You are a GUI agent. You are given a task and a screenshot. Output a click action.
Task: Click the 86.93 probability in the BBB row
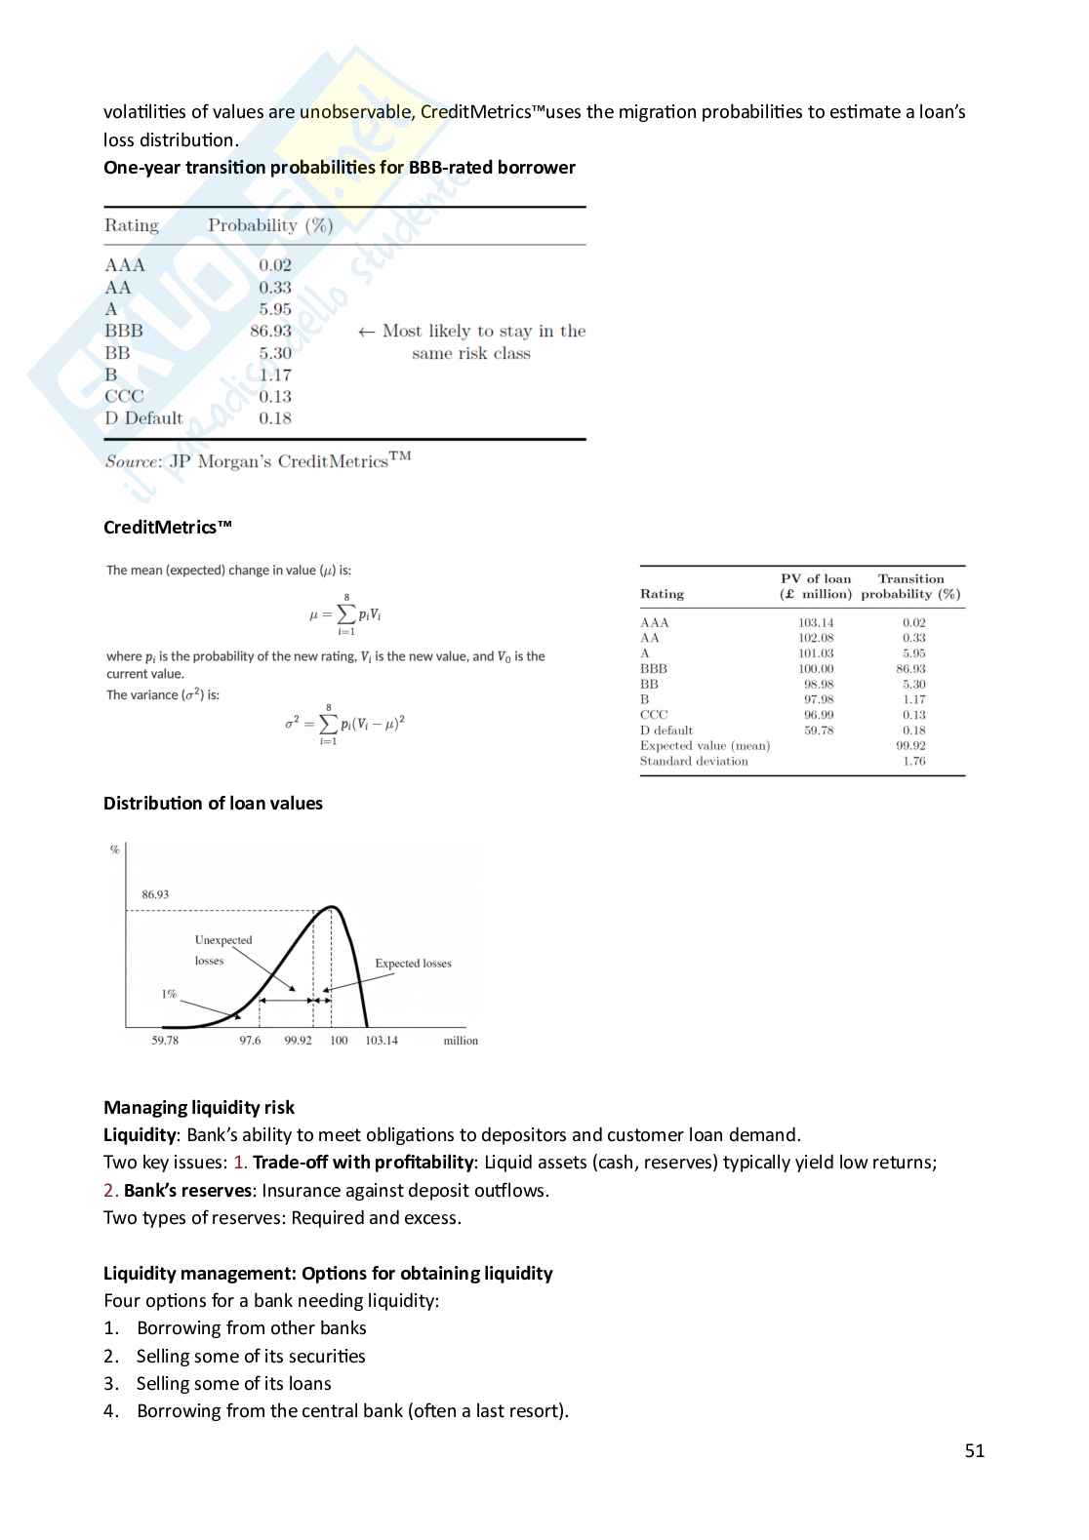pos(270,332)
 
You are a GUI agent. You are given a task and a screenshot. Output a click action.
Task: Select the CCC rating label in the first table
pos(124,397)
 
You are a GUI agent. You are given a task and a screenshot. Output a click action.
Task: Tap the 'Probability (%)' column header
pos(270,225)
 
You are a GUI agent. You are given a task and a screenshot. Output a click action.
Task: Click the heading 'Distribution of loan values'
pos(213,804)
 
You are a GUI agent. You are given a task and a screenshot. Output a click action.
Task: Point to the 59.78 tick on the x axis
pos(165,1041)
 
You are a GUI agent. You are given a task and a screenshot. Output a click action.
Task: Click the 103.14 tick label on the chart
pos(382,1041)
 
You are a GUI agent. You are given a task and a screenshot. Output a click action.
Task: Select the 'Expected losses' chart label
pos(413,964)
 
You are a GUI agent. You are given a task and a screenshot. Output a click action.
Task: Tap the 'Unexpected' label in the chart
pos(223,940)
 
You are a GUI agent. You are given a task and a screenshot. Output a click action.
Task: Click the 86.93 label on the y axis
pos(155,894)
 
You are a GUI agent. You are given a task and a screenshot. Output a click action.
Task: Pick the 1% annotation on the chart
pos(169,995)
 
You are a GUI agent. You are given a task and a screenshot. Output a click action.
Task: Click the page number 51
pos(975,1451)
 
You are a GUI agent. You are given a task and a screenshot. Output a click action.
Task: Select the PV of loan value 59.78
pos(819,731)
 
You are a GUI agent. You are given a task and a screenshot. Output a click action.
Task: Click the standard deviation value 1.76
pos(914,762)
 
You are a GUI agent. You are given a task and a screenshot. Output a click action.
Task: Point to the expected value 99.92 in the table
pos(911,746)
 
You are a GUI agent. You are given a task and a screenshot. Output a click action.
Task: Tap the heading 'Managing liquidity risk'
pos(199,1108)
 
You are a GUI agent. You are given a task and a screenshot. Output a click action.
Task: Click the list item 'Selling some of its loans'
pos(233,1384)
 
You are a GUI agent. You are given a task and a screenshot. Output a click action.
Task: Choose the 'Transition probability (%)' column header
pos(910,586)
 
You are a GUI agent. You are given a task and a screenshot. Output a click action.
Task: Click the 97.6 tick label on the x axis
pos(250,1041)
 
